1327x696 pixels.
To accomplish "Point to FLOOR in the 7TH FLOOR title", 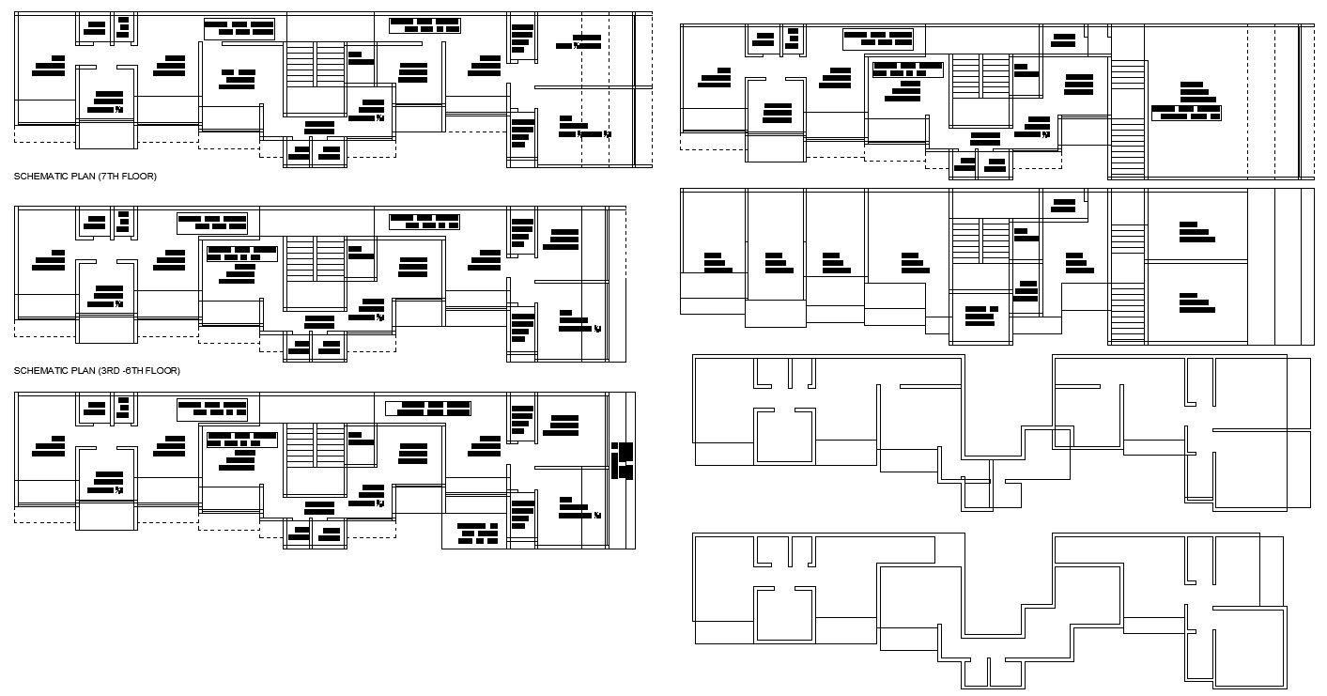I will point(141,177).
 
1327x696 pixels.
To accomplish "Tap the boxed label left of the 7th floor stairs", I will point(239,28).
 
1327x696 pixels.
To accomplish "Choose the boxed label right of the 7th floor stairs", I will point(424,25).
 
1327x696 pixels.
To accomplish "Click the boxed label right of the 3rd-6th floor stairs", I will point(424,222).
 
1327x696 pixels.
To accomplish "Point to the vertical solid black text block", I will point(623,459).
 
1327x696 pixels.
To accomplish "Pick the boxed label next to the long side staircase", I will point(1186,113).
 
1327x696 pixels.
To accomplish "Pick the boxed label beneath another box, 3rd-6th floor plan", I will point(241,254).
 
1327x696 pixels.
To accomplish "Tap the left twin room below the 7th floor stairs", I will point(299,152).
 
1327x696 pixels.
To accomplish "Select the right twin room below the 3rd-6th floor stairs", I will point(331,348).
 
